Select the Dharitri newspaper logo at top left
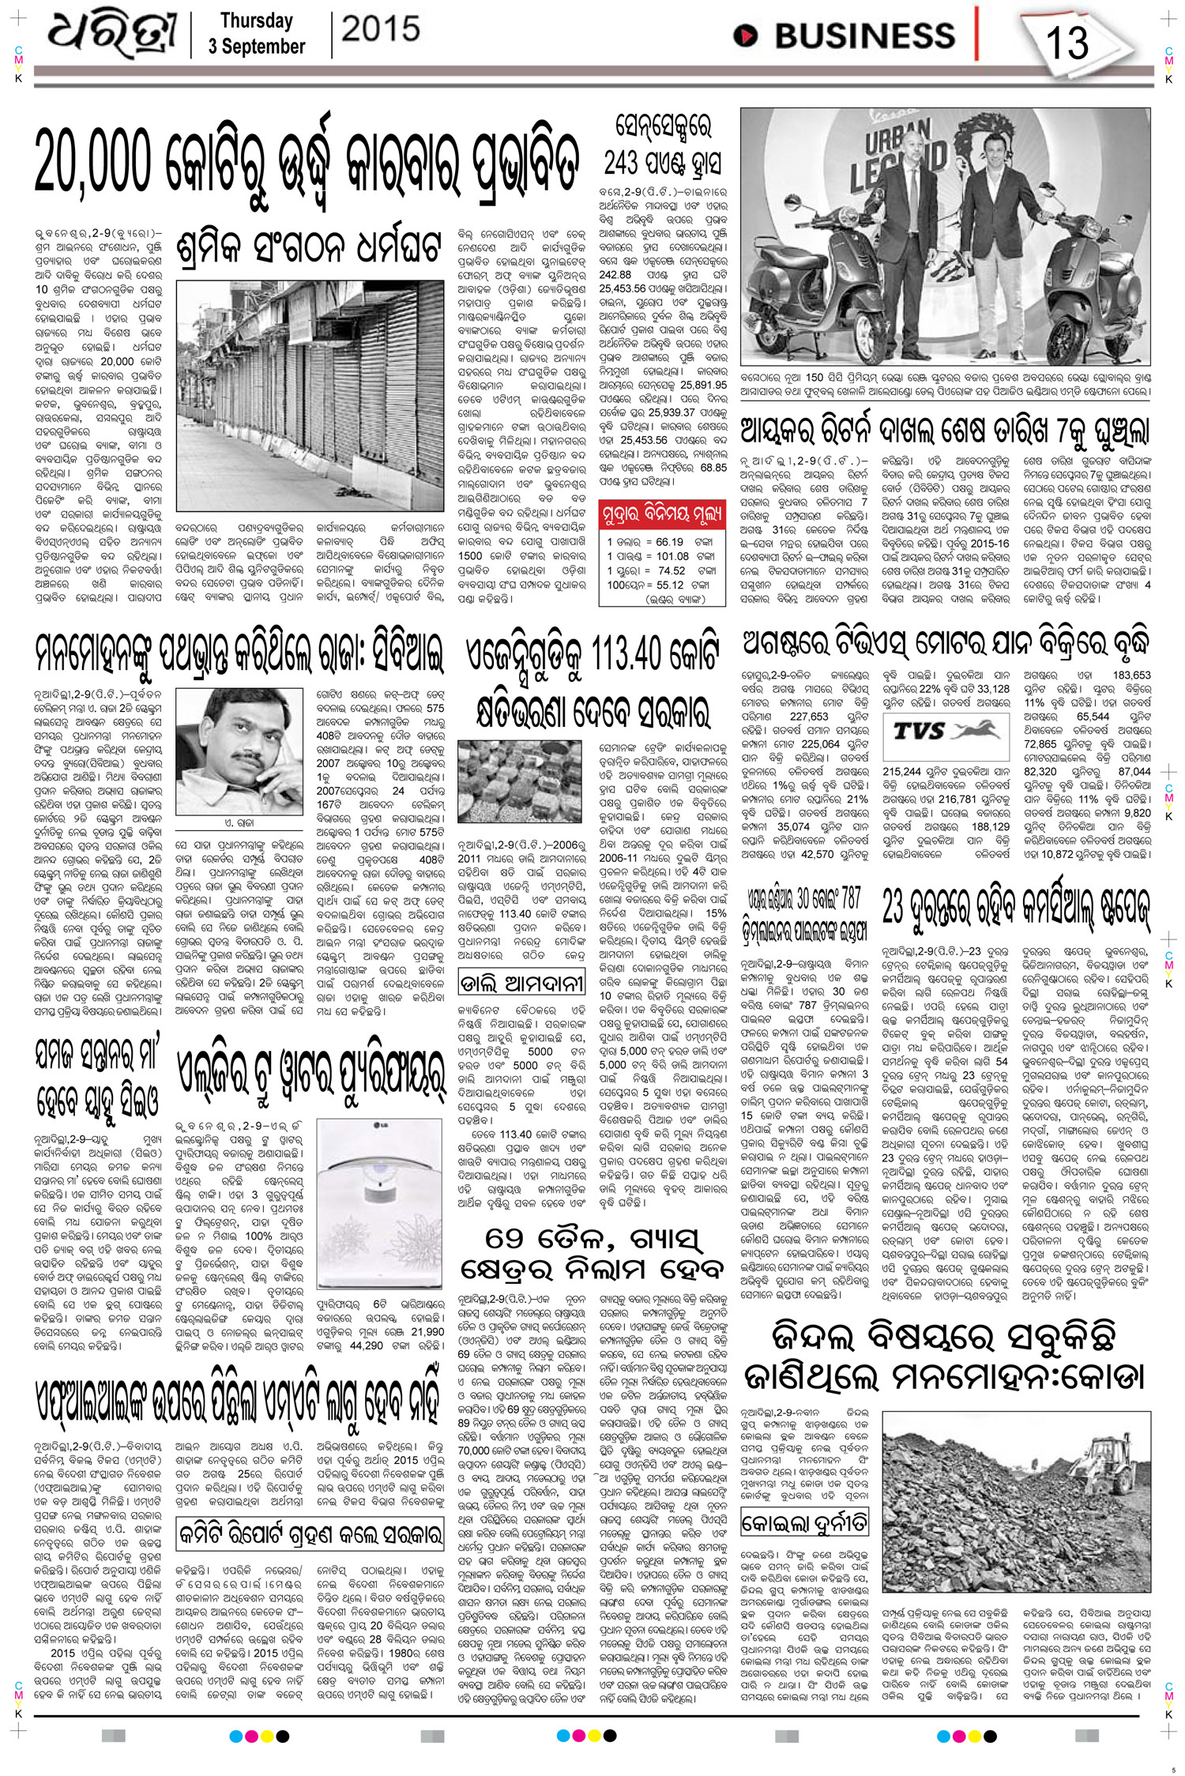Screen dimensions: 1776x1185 click(x=111, y=36)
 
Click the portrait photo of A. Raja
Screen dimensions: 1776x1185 click(x=223, y=728)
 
